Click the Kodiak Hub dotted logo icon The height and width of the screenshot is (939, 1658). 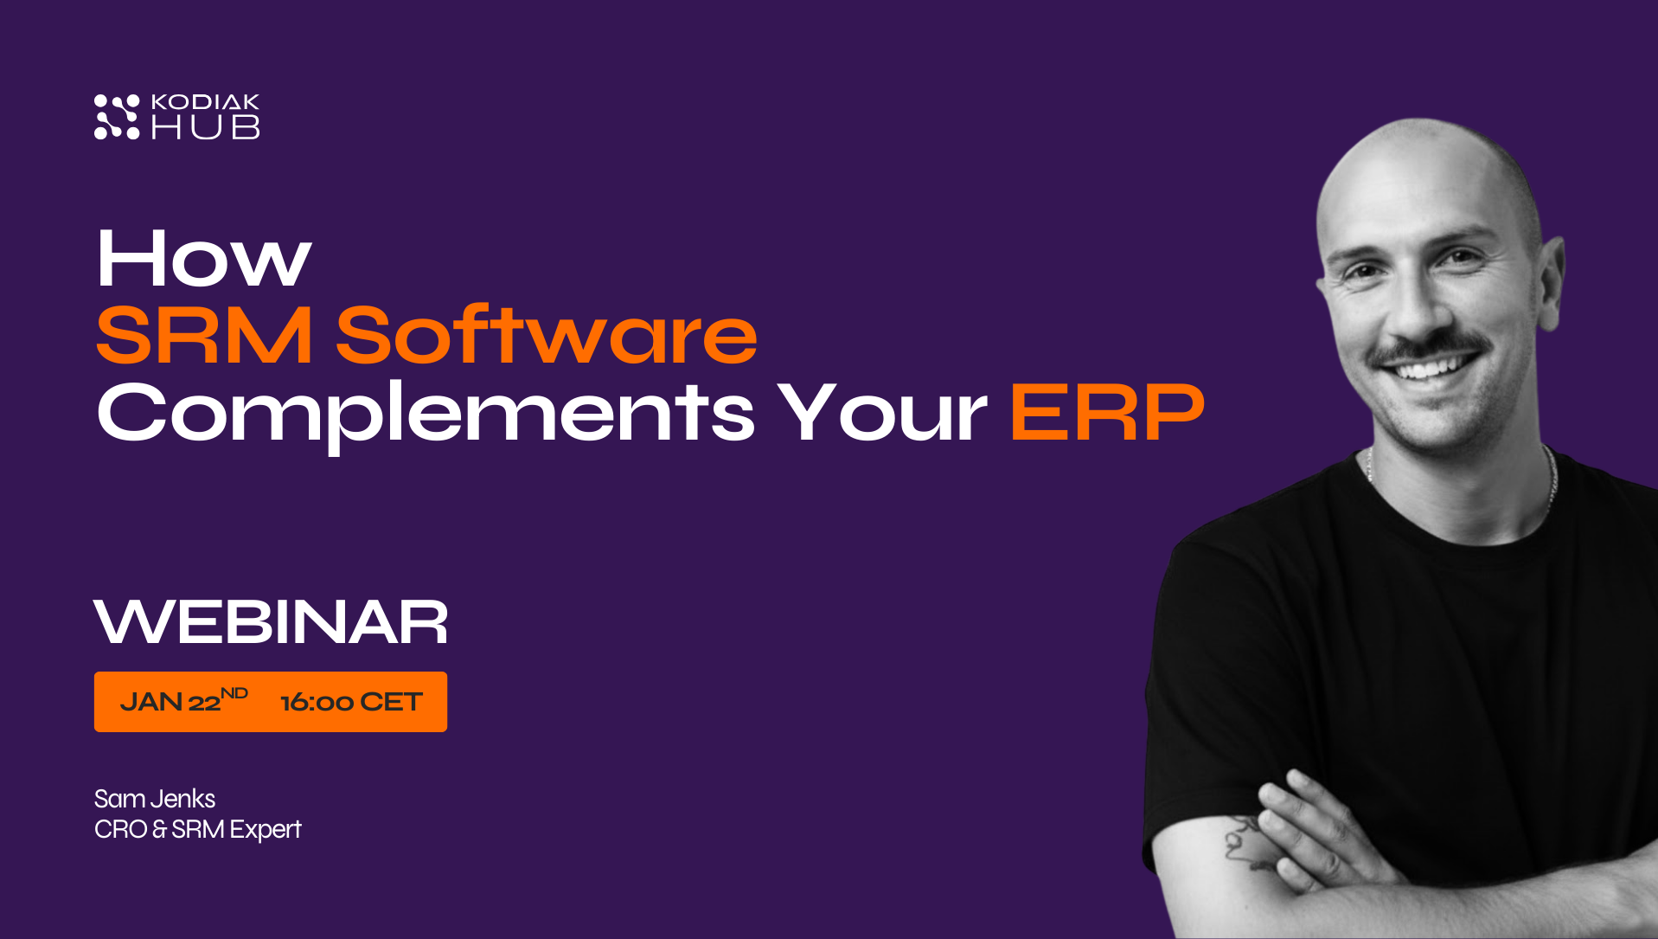[117, 117]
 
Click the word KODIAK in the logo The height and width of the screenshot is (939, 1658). [205, 102]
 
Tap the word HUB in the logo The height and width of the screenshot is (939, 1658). [205, 128]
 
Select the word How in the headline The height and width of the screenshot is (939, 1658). [203, 259]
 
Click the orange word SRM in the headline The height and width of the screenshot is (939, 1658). [204, 335]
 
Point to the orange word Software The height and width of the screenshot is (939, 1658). [547, 335]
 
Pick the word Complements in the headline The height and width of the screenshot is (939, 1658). [426, 413]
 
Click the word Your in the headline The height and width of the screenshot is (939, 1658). [881, 413]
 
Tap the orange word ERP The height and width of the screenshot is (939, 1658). [1107, 413]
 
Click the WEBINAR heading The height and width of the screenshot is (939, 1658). [271, 622]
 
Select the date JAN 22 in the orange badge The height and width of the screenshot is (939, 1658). [170, 702]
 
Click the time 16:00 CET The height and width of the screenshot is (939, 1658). [351, 702]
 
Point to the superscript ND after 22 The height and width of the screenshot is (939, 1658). [234, 693]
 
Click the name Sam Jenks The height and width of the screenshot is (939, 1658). [155, 798]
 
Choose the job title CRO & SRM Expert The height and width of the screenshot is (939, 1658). [198, 829]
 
